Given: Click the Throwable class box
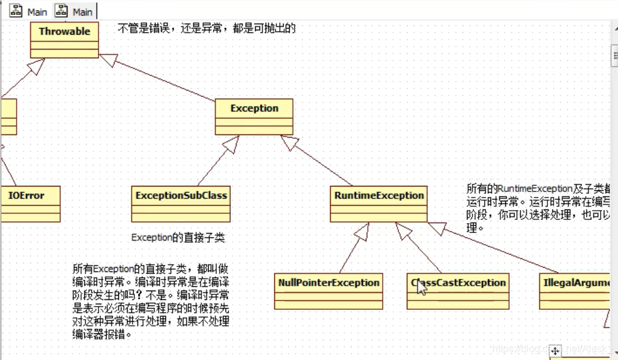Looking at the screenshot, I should pos(64,40).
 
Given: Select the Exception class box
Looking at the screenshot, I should pos(254,116).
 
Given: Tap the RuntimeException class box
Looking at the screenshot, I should pos(378,203).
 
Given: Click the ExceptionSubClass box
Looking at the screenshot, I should pos(181,203).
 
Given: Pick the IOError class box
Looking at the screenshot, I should pos(28,203).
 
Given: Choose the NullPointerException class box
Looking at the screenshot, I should pos(328,291).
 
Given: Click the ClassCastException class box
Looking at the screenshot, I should pos(458,291).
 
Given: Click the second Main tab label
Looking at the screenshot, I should pos(82,12).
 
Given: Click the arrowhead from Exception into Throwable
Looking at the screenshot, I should pos(109,60).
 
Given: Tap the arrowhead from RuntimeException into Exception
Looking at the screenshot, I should pos(289,143).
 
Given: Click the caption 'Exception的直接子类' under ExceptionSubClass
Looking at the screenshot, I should pos(178,237).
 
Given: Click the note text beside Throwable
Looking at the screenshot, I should pos(206,28).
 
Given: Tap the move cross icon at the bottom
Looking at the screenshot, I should pos(555,351).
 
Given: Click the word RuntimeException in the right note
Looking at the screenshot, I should pos(526,188).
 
